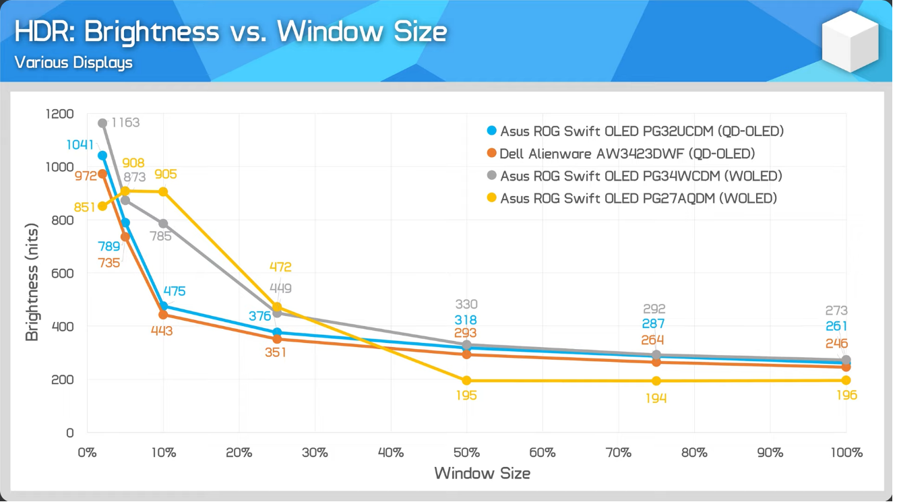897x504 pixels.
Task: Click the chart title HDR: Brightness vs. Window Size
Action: [230, 32]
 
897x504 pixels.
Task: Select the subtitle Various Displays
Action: [73, 63]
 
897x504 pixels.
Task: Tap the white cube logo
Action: [850, 42]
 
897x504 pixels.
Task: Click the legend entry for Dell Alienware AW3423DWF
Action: [627, 154]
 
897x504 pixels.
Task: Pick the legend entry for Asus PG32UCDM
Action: [642, 131]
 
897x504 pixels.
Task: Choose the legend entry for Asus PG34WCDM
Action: [640, 176]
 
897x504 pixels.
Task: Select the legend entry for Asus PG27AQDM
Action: [638, 198]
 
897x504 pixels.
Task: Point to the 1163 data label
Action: [125, 123]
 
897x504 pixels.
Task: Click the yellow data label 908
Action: [133, 164]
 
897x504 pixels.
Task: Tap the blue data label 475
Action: [174, 292]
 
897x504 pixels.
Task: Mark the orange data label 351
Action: [275, 352]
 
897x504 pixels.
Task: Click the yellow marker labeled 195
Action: [466, 381]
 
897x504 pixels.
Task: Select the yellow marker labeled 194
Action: [656, 381]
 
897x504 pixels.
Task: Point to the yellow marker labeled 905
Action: [163, 192]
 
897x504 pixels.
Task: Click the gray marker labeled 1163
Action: [102, 123]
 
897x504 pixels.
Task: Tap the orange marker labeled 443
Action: [163, 315]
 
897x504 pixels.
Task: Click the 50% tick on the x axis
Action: [466, 453]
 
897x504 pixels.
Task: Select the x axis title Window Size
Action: [482, 473]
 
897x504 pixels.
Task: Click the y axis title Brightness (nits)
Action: [32, 282]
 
